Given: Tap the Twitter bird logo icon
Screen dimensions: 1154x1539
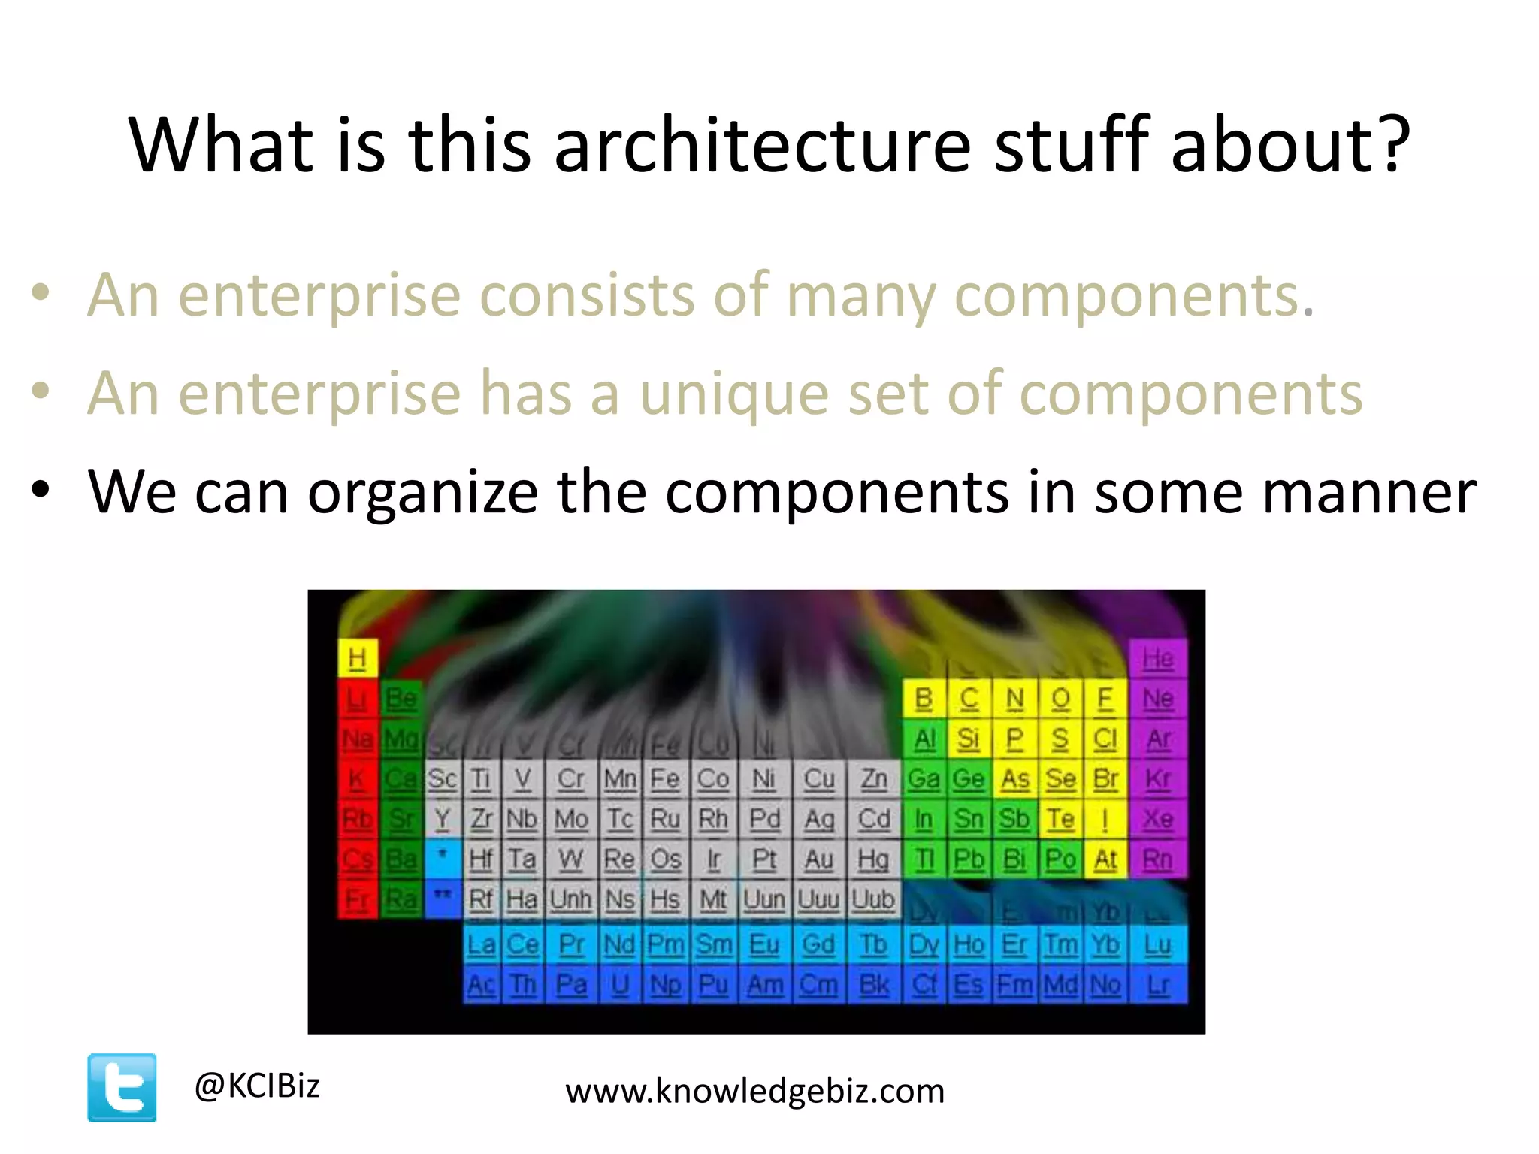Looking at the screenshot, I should click(x=122, y=1087).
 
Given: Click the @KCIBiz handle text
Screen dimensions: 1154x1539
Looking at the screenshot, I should click(x=257, y=1086).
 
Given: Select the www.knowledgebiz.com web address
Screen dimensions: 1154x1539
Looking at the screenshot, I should click(x=754, y=1091).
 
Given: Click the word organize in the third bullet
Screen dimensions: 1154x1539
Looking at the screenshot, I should click(x=422, y=492).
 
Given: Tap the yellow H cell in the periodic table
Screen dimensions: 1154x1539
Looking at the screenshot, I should click(x=357, y=659).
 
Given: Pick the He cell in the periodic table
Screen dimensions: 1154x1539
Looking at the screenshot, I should click(x=1157, y=659).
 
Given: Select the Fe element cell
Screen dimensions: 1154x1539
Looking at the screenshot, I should click(x=665, y=779).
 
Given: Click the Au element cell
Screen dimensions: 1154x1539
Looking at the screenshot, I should click(x=819, y=859).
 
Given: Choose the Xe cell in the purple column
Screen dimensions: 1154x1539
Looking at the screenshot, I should click(x=1157, y=819).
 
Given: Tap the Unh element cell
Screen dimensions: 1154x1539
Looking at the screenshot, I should click(x=570, y=899).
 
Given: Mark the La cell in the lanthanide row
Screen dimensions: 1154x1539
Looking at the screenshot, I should click(x=481, y=944).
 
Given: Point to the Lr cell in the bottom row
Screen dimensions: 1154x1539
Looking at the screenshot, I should click(x=1158, y=985).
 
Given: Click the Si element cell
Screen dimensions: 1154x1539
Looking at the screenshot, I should click(x=969, y=739).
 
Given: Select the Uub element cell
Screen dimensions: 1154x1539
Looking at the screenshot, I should click(x=873, y=899).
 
